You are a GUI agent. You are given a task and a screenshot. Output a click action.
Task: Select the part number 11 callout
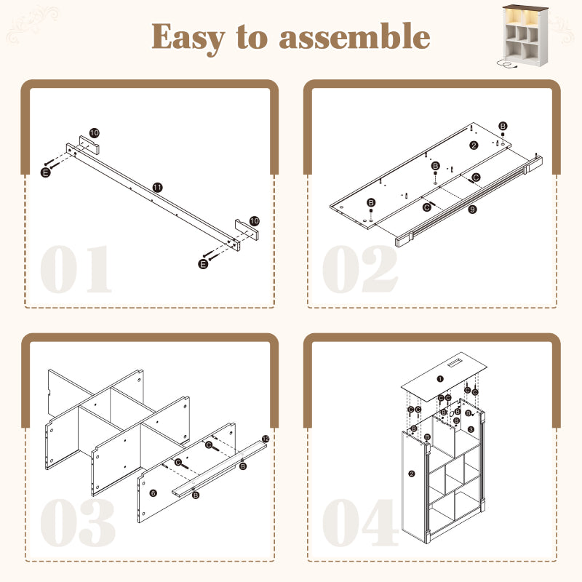tap(157, 187)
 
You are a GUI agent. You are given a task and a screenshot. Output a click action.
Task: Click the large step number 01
tap(76, 270)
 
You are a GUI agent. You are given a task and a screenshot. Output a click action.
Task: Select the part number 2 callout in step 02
tap(474, 145)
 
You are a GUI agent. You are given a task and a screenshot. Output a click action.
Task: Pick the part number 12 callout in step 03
tap(265, 439)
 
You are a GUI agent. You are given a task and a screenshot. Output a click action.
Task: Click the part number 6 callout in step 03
tap(153, 493)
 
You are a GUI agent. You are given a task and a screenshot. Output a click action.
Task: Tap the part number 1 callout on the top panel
tap(439, 378)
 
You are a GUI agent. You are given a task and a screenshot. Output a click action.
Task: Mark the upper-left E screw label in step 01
tap(46, 172)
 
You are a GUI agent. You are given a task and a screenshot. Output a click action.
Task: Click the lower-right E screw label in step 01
tap(203, 263)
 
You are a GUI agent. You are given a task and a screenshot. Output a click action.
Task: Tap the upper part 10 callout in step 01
tap(95, 133)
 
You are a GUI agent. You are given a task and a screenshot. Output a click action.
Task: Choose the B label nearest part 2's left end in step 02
tap(372, 202)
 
